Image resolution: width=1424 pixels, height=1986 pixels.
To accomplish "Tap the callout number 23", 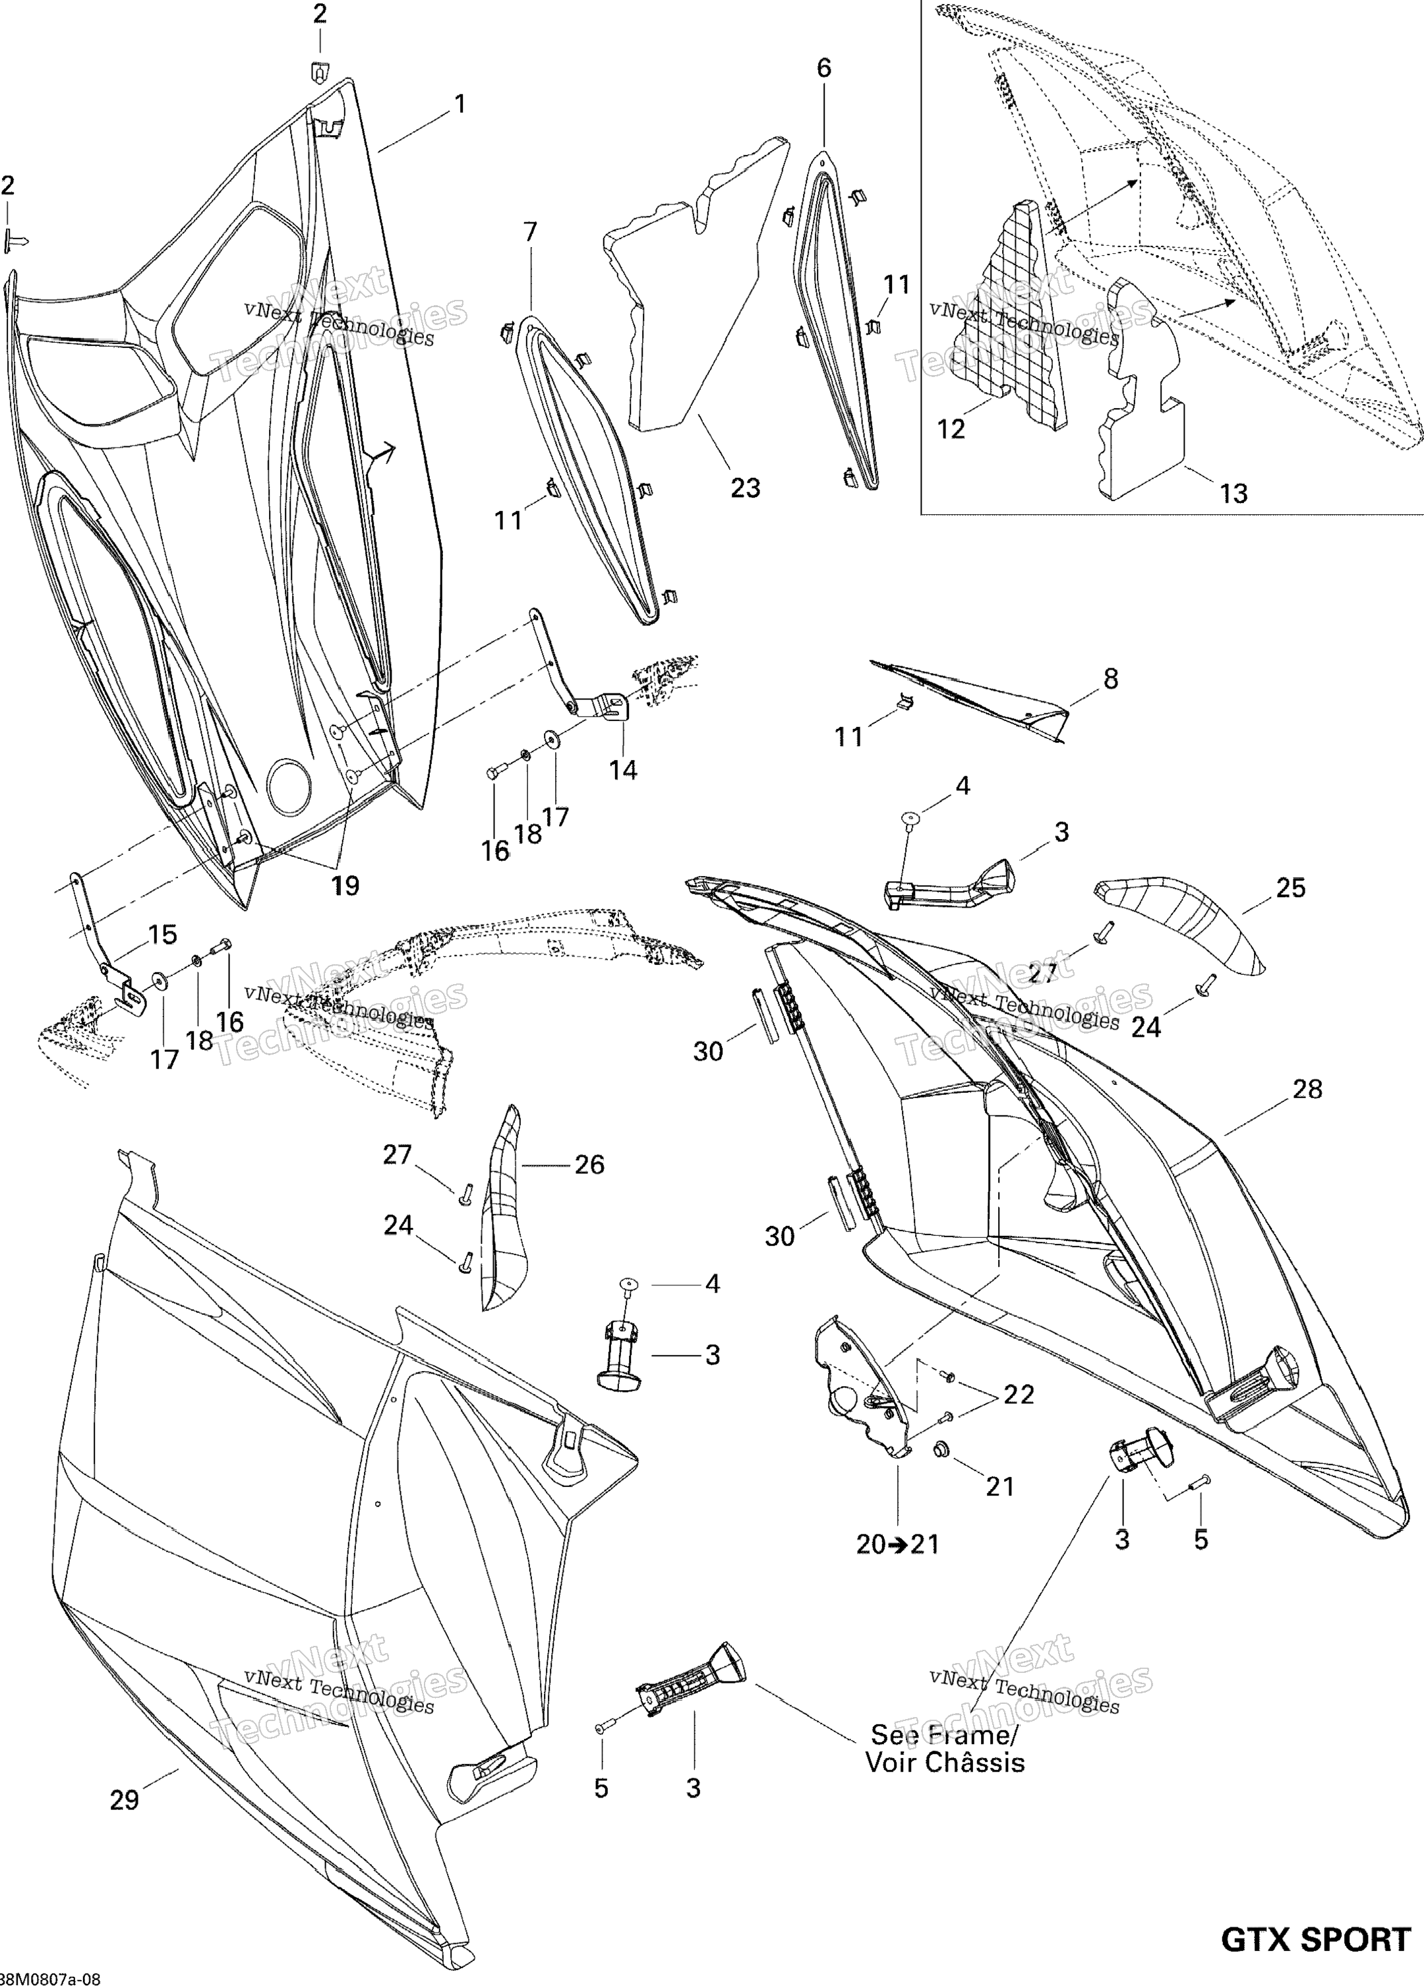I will tap(745, 488).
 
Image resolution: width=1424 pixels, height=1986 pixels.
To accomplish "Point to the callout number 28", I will tap(1307, 1090).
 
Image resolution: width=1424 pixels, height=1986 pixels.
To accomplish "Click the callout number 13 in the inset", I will tap(1233, 494).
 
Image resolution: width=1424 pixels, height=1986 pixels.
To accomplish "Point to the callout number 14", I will tap(624, 770).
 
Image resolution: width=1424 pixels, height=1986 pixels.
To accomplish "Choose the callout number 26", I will tap(589, 1164).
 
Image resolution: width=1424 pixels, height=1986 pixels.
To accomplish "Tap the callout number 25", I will tap(1290, 888).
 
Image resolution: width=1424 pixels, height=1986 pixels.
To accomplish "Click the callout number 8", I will tap(1110, 679).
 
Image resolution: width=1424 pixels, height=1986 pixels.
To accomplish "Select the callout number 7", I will tap(530, 232).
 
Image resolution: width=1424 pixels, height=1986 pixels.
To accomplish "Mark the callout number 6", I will tap(824, 69).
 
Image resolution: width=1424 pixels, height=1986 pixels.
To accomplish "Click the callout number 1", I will tap(459, 104).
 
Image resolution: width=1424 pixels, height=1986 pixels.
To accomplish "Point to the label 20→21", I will tap(898, 1544).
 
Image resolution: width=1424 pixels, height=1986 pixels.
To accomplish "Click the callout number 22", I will tap(1019, 1394).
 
